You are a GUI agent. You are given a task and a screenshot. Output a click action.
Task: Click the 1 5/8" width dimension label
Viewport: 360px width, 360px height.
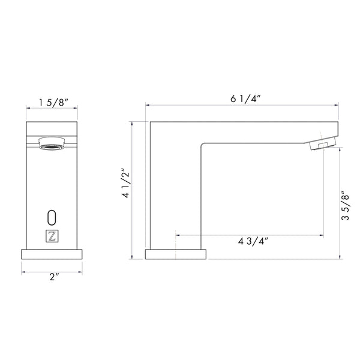click(53, 103)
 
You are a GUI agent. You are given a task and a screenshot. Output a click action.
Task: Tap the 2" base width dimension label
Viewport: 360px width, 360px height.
click(55, 277)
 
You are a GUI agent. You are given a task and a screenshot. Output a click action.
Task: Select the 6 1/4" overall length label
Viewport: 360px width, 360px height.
click(245, 99)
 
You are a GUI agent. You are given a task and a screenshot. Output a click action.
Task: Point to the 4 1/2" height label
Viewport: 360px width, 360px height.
click(126, 184)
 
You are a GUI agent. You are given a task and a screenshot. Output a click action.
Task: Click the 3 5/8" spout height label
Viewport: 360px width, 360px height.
click(345, 205)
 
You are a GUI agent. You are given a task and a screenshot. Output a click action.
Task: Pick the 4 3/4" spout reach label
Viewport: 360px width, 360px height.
click(253, 241)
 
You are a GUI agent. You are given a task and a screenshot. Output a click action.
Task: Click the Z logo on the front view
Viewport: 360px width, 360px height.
click(52, 236)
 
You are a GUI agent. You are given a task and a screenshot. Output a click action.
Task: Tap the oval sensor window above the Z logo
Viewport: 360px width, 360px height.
click(52, 217)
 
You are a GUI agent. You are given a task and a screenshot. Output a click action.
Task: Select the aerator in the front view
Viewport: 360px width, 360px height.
click(52, 143)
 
